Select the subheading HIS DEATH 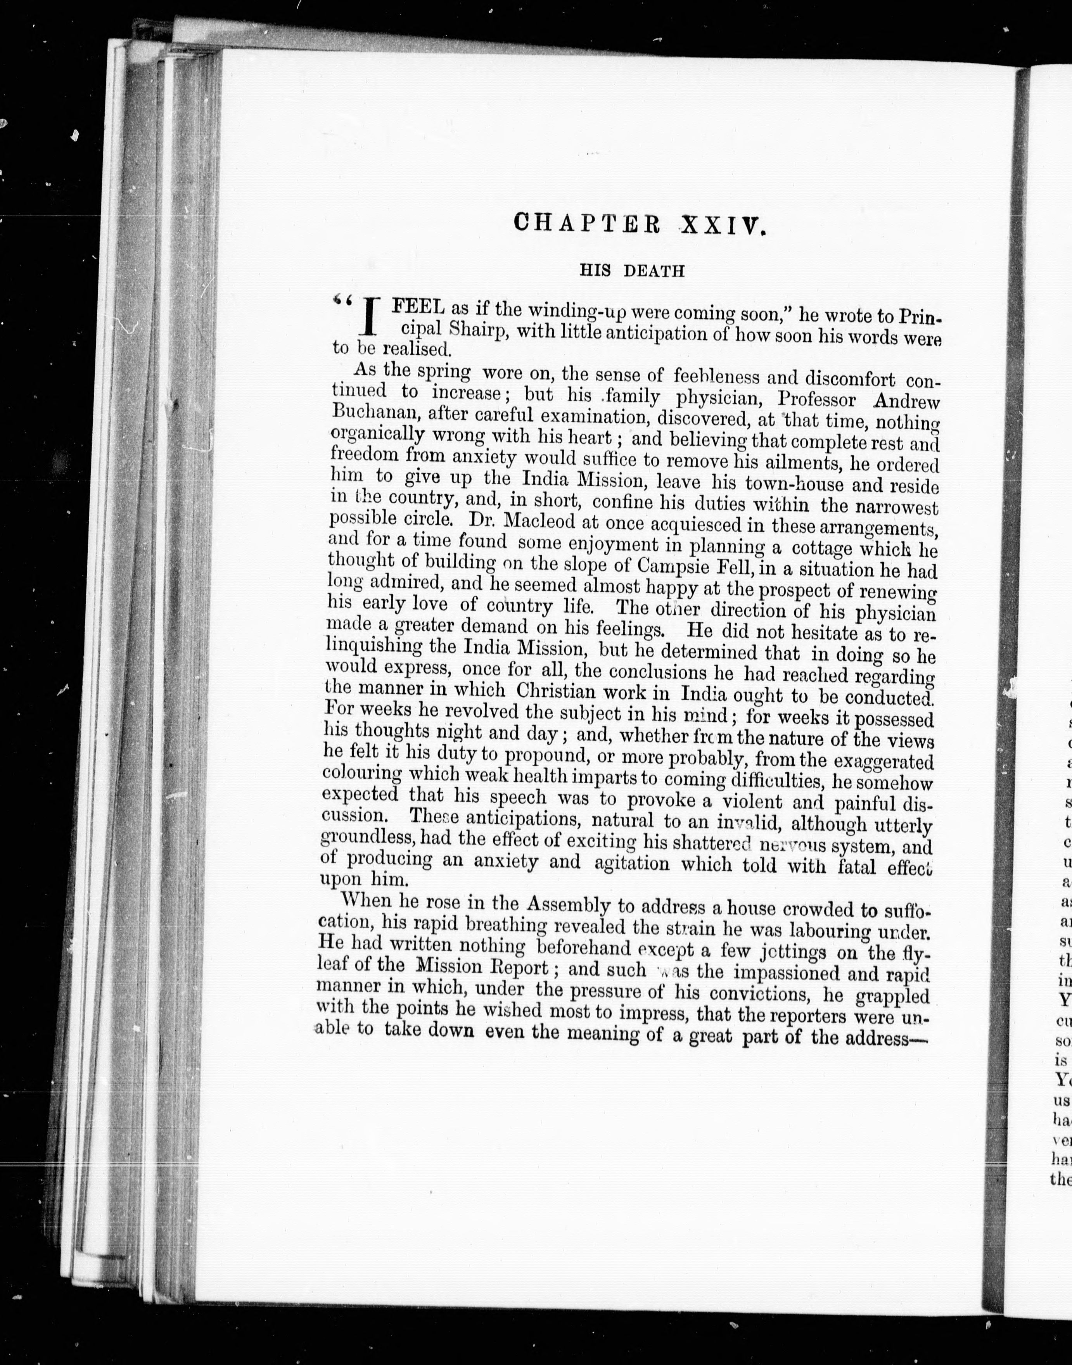(x=631, y=271)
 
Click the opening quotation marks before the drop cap (x=343, y=302)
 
